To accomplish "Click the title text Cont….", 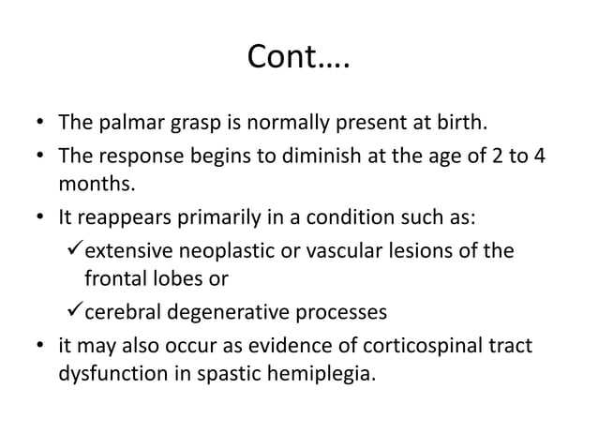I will (x=298, y=58).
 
